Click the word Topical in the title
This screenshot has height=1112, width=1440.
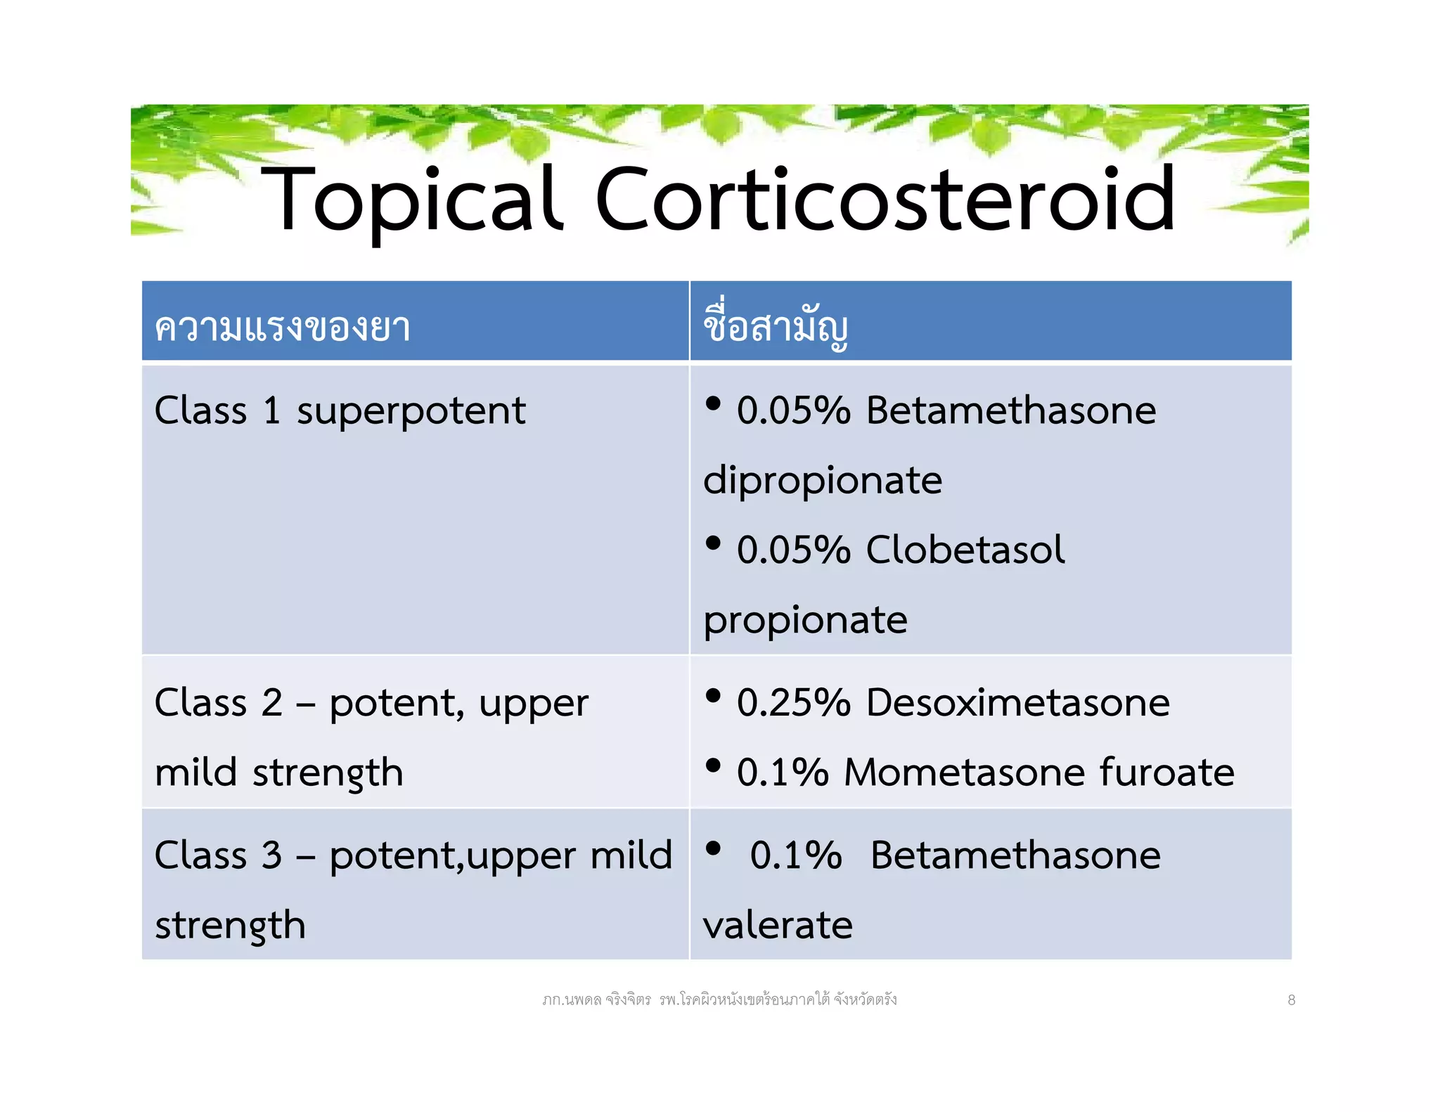coord(411,200)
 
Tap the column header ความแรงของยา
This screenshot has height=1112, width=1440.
coord(282,328)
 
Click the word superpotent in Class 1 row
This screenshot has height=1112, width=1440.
coord(411,411)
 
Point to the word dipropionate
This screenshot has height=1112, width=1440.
coord(822,481)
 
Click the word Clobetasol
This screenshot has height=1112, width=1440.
coord(965,550)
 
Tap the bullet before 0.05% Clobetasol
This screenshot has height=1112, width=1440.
coord(713,543)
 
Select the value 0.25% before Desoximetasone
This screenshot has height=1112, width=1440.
coord(793,703)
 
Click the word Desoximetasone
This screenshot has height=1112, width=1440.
coord(1017,703)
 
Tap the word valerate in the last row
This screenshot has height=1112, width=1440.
coord(777,925)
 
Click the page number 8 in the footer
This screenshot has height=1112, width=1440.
coord(1291,1000)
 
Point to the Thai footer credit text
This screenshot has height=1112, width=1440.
coord(719,1000)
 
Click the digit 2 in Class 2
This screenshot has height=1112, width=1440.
coord(272,703)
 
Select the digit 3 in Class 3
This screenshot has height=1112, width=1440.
coord(272,856)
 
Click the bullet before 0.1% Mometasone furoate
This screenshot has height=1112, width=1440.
coord(713,765)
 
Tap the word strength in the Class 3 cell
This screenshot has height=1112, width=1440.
coord(230,926)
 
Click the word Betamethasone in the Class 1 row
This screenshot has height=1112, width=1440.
coord(1010,410)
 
